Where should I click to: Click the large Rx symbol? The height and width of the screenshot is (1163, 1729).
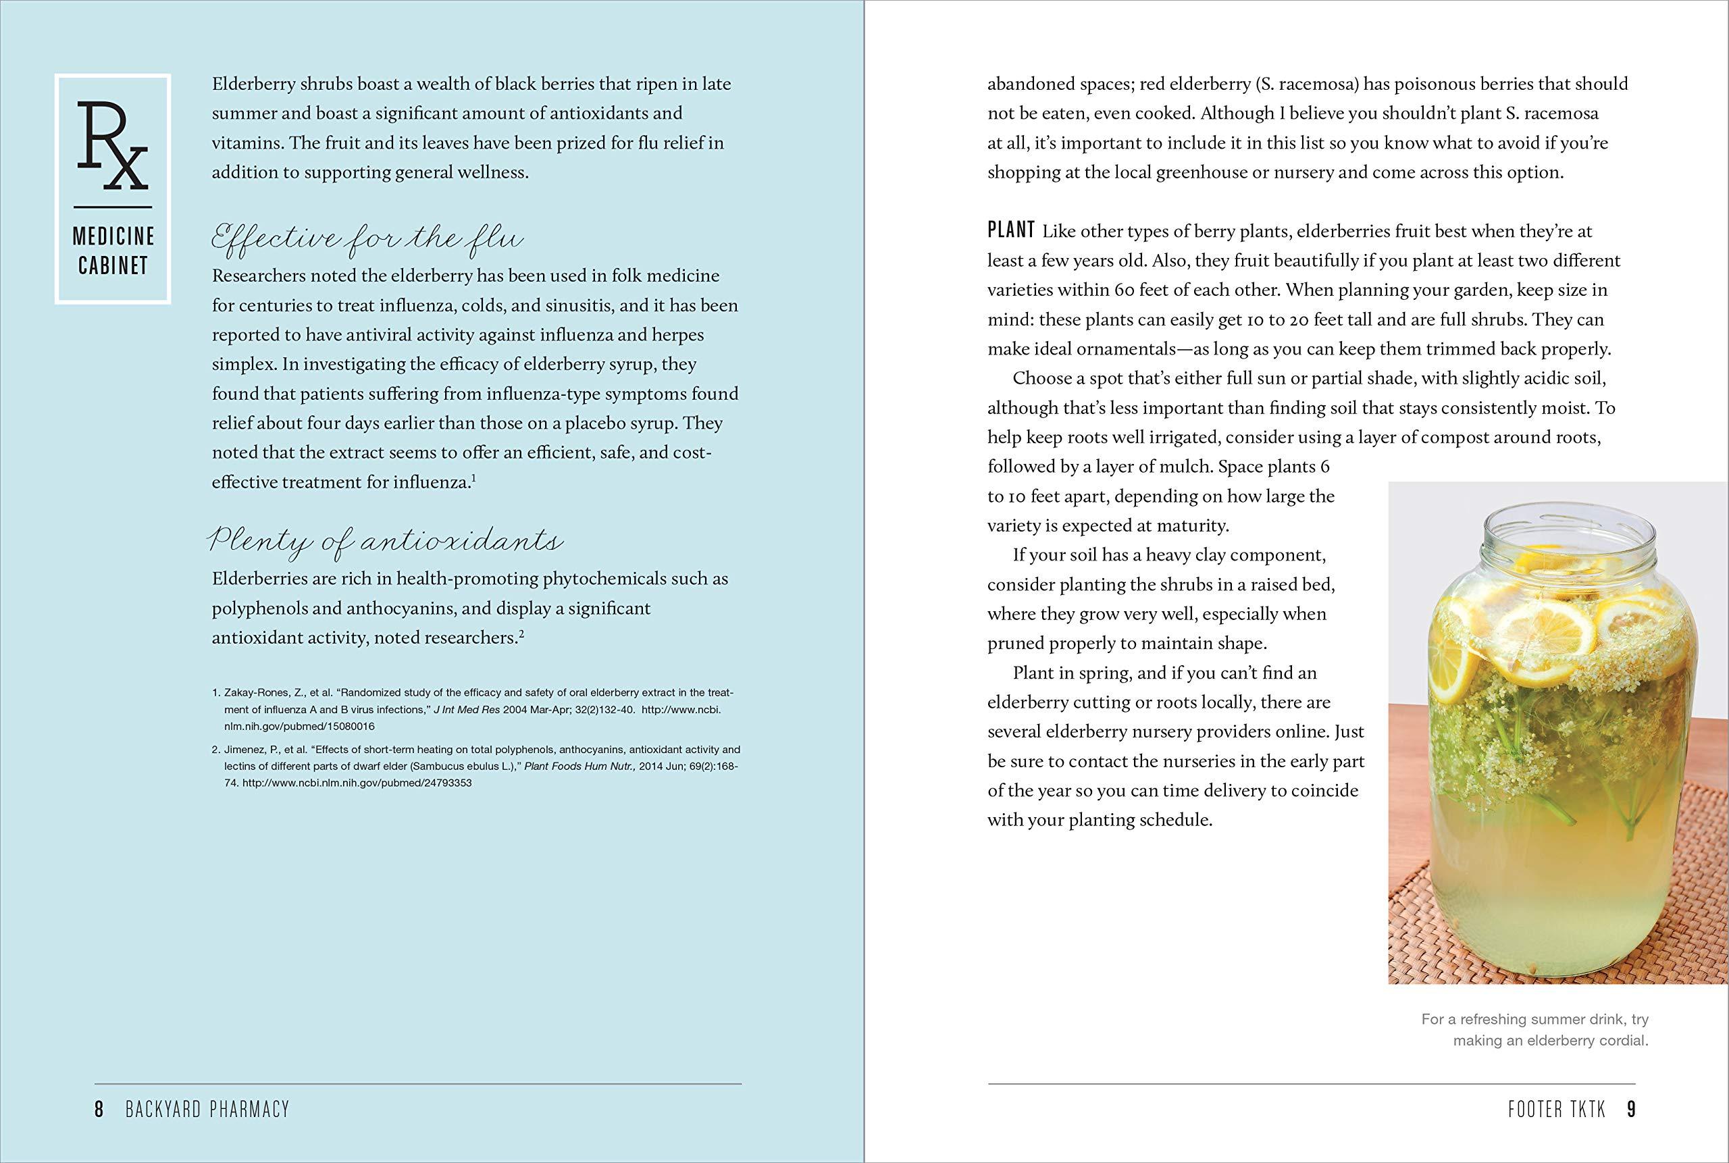point(113,147)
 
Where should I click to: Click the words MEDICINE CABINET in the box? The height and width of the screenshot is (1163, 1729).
point(113,251)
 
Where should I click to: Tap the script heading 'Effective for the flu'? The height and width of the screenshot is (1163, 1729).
point(367,239)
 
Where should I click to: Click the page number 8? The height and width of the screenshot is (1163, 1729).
point(99,1110)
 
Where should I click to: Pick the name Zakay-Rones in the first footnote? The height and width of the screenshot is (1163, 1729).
point(256,693)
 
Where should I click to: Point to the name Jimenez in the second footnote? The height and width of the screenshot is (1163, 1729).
point(248,749)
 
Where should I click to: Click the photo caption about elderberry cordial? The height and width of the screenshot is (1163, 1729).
point(1534,1029)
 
